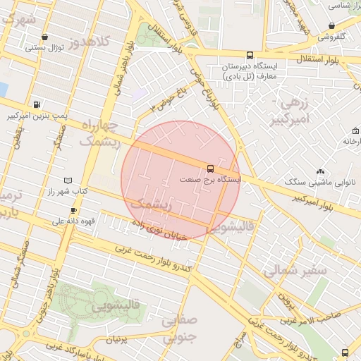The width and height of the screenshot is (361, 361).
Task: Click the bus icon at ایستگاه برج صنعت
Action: click(x=210, y=169)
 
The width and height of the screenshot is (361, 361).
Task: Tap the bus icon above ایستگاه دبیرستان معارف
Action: click(x=250, y=55)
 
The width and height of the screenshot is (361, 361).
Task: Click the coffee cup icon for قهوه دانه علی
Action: click(x=73, y=211)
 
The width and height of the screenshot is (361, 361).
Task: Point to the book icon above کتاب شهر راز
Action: click(x=68, y=180)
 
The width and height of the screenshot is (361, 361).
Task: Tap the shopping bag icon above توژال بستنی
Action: click(x=45, y=37)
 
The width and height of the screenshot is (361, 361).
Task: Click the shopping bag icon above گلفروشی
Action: click(x=331, y=25)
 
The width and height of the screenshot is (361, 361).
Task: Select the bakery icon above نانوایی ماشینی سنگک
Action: click(x=321, y=171)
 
